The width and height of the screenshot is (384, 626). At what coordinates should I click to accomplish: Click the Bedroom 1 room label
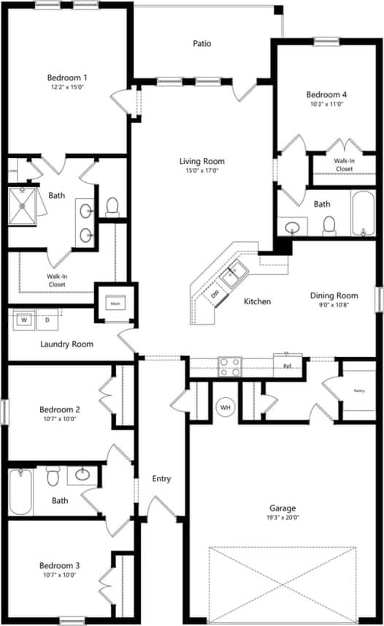pyautogui.click(x=67, y=78)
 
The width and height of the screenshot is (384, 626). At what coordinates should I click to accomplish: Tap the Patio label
pyautogui.click(x=202, y=44)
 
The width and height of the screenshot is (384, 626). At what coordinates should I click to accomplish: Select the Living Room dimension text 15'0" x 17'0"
pyautogui.click(x=202, y=170)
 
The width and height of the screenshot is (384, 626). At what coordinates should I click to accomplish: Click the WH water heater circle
pyautogui.click(x=225, y=407)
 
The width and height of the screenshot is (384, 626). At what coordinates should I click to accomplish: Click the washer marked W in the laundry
pyautogui.click(x=24, y=320)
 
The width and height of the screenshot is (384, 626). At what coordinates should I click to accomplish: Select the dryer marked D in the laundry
pyautogui.click(x=47, y=320)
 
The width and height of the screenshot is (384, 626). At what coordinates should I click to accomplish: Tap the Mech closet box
pyautogui.click(x=115, y=303)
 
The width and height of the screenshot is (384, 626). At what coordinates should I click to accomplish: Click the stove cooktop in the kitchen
pyautogui.click(x=230, y=366)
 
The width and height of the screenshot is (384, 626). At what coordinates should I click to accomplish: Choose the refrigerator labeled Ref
pyautogui.click(x=288, y=363)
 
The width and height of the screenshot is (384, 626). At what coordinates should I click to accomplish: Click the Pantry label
pyautogui.click(x=359, y=391)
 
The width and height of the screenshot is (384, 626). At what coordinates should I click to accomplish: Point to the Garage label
pyautogui.click(x=282, y=508)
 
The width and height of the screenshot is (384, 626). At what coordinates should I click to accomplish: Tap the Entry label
pyautogui.click(x=161, y=479)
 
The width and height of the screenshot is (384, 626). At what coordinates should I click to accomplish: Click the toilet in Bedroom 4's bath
pyautogui.click(x=329, y=225)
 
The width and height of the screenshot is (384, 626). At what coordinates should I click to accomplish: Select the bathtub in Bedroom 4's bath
pyautogui.click(x=363, y=214)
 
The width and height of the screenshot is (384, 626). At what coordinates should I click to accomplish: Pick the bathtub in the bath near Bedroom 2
pyautogui.click(x=20, y=491)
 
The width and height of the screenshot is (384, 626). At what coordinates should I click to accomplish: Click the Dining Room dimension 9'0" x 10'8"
pyautogui.click(x=334, y=305)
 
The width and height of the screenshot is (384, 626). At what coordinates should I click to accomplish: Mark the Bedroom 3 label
pyautogui.click(x=60, y=565)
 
